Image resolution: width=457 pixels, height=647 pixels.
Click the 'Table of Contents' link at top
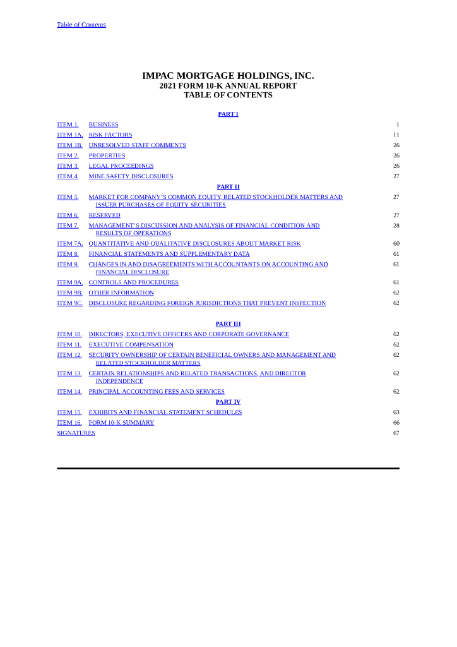click(x=81, y=25)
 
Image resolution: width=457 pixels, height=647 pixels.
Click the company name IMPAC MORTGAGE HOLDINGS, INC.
click(x=228, y=76)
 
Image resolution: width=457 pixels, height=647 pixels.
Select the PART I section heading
click(x=228, y=114)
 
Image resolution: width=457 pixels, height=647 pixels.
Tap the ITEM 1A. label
click(x=69, y=135)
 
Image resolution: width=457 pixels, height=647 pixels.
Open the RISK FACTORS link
click(x=110, y=135)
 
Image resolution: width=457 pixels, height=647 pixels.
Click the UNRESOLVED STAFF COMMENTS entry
click(x=137, y=145)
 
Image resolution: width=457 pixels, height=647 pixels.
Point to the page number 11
click(x=396, y=135)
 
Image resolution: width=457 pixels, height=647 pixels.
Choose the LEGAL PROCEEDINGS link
click(x=121, y=166)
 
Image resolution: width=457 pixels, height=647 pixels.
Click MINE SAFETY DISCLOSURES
click(x=131, y=176)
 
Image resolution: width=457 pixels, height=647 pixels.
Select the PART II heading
click(x=228, y=187)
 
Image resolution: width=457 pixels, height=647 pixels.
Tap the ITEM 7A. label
click(x=69, y=244)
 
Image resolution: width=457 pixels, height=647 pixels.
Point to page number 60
click(x=396, y=244)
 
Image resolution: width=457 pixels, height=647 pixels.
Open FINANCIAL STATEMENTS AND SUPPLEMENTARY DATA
click(x=169, y=254)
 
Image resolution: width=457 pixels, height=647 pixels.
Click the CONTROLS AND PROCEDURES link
click(x=133, y=282)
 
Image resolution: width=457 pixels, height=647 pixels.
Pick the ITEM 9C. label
click(x=69, y=303)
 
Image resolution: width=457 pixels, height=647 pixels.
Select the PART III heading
click(x=228, y=324)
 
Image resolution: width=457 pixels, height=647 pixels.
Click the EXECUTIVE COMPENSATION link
click(x=131, y=345)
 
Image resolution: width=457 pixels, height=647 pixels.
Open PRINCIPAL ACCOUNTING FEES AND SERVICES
click(x=157, y=392)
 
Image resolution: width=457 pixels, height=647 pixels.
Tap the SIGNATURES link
click(x=76, y=433)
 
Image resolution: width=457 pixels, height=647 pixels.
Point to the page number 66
click(x=396, y=423)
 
